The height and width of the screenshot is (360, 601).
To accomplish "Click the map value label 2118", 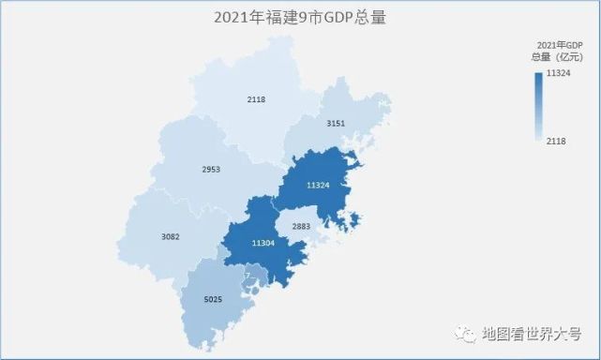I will point(257,99).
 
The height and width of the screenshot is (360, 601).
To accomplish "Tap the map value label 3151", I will point(336,124).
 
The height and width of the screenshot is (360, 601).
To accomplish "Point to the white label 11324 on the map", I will point(317,185).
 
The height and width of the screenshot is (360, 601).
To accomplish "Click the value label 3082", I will point(170,236).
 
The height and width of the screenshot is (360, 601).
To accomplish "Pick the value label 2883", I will point(301,227).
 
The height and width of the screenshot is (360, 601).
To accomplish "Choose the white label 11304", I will point(263,244).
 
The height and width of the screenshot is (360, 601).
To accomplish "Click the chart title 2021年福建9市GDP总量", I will point(300,17).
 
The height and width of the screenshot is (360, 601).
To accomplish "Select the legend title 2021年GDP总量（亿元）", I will point(559,52).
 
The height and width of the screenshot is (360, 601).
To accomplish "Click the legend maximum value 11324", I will point(560,73).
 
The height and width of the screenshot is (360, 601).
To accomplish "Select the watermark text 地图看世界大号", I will point(532,335).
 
